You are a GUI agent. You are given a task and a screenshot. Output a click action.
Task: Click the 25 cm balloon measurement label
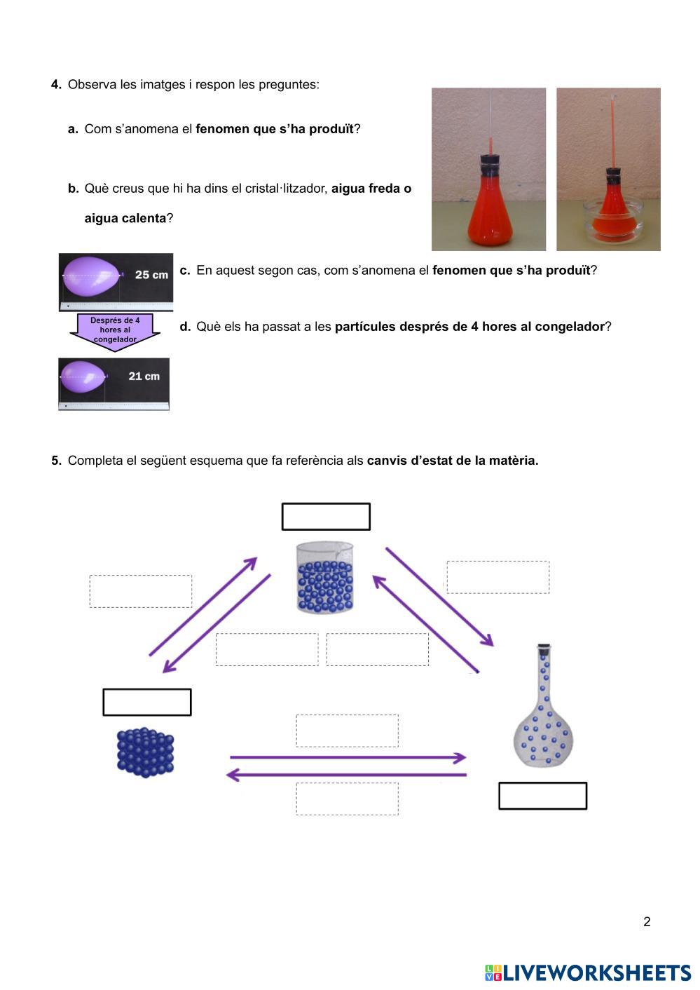tap(151, 275)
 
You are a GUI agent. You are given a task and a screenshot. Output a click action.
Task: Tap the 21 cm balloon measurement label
tap(144, 377)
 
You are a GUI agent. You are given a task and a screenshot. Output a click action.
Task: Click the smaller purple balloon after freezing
tap(83, 377)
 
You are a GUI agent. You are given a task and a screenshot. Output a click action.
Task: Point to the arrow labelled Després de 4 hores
tap(115, 330)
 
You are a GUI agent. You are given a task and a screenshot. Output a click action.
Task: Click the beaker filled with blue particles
tap(325, 578)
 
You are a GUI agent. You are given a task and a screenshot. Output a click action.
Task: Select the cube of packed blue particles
tap(145, 752)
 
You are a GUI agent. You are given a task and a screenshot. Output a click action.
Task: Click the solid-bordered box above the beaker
tap(326, 517)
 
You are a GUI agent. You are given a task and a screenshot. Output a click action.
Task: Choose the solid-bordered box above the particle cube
tap(147, 703)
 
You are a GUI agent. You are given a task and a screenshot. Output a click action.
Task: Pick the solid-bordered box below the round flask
tap(542, 796)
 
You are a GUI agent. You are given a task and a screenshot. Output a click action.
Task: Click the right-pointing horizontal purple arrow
tap(348, 758)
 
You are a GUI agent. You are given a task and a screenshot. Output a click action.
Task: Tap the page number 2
tap(647, 922)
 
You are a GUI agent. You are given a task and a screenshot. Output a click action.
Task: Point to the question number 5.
tap(56, 461)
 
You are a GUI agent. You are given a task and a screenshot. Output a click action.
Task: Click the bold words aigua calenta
tap(125, 218)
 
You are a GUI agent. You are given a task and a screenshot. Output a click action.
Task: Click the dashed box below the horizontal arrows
tap(348, 799)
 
